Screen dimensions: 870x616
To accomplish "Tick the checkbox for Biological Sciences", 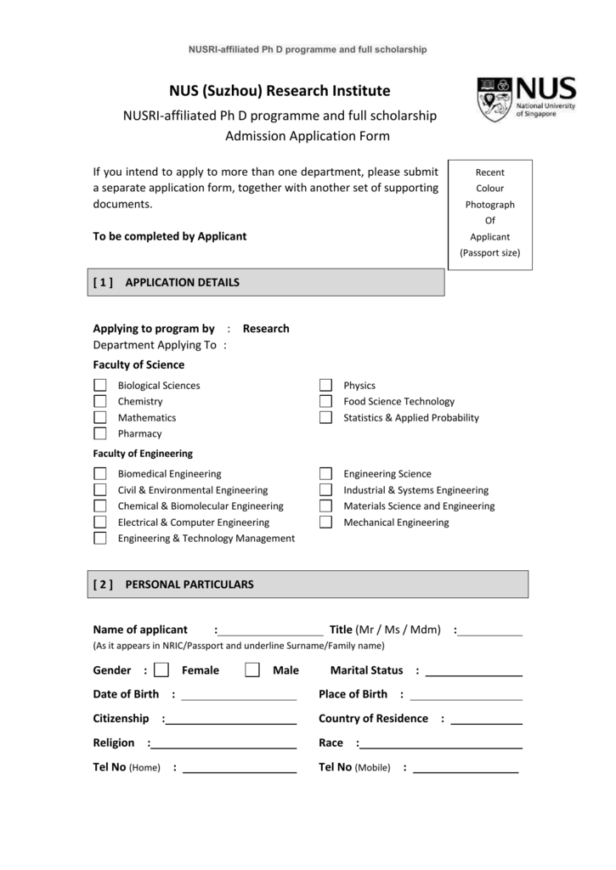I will pyautogui.click(x=100, y=386).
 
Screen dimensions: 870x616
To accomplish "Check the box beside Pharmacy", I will pyautogui.click(x=100, y=433).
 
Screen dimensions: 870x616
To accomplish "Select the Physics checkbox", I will pyautogui.click(x=325, y=386).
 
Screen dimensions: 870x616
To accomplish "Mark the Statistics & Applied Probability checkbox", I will pyautogui.click(x=325, y=417).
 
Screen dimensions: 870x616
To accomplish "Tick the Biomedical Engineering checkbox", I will pyautogui.click(x=100, y=474).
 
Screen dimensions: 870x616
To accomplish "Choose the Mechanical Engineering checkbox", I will pyautogui.click(x=325, y=523).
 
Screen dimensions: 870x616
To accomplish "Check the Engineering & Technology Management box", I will pyautogui.click(x=100, y=538).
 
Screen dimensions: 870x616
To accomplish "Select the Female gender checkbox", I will pyautogui.click(x=161, y=670).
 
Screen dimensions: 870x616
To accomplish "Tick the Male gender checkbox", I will pyautogui.click(x=251, y=670).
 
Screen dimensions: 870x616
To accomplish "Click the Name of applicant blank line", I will pyautogui.click(x=270, y=633).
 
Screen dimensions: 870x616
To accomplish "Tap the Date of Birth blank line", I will pyautogui.click(x=239, y=698).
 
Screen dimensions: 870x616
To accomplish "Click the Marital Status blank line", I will pyautogui.click(x=473, y=674).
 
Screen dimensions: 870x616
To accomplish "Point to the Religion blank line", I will pyautogui.click(x=223, y=747).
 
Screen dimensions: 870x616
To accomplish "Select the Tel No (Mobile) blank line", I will pyautogui.click(x=465, y=771).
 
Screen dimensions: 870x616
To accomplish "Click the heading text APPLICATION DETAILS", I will pyautogui.click(x=182, y=283).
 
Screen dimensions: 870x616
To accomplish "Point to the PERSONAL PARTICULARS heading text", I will pyautogui.click(x=189, y=585).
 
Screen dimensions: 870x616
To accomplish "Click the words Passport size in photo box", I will pyautogui.click(x=490, y=253).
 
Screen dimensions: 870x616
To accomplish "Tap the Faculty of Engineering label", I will pyautogui.click(x=143, y=454).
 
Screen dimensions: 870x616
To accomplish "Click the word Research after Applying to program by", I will pyautogui.click(x=266, y=329).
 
